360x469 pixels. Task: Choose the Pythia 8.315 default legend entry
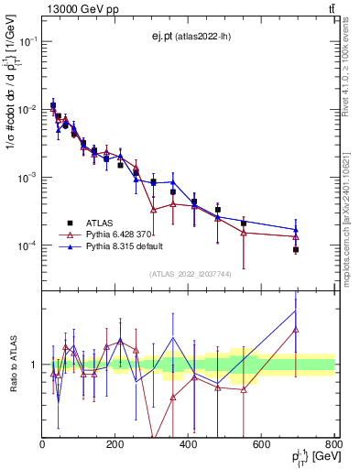pos(121,246)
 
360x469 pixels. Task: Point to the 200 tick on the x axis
pos(115,445)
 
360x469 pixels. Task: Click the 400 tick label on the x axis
pos(188,445)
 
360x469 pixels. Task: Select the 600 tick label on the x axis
pos(261,445)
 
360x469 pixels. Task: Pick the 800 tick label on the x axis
pos(333,445)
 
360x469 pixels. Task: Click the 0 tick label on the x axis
pos(42,445)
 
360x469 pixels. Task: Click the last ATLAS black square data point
pos(296,249)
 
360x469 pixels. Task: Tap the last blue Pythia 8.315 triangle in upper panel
pos(296,229)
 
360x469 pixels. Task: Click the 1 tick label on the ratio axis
pos(35,365)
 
